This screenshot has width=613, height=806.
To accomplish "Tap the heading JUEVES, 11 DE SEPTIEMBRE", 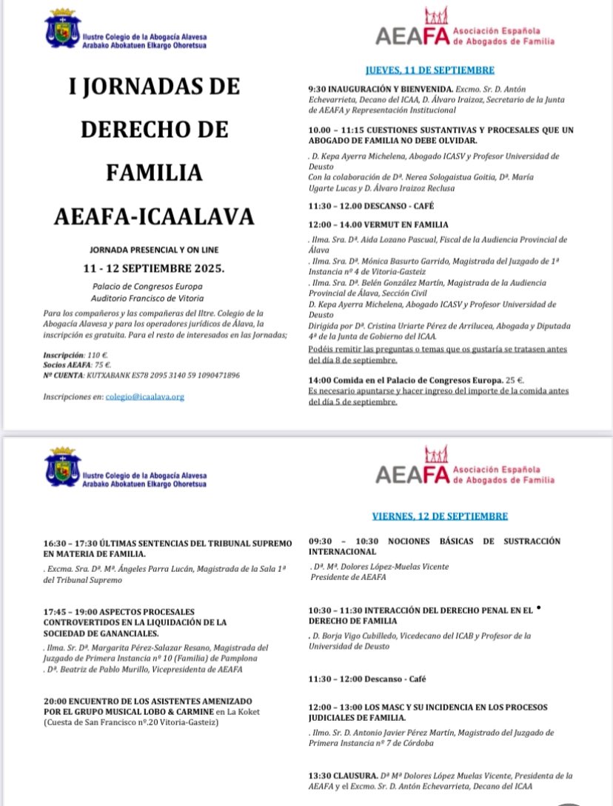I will click(429, 70).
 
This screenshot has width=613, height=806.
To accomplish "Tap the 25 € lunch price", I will click(512, 379).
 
